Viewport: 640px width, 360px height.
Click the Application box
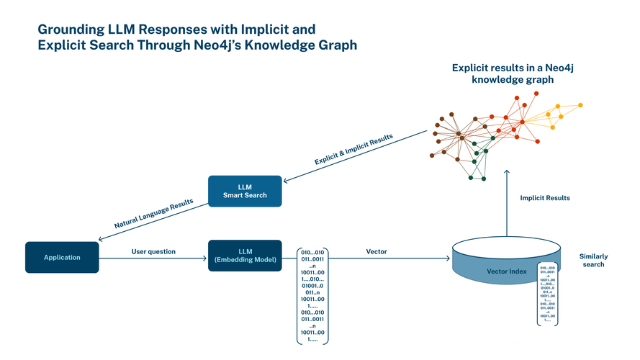tap(61, 257)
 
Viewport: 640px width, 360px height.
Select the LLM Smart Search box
tap(244, 191)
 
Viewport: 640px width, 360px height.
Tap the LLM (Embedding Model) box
tap(244, 256)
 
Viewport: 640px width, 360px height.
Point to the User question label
tap(153, 251)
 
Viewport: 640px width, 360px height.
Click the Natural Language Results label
tap(154, 214)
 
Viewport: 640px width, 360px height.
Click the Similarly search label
tap(593, 260)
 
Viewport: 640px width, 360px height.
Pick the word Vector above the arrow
tap(377, 251)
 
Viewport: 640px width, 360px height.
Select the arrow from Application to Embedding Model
tap(153, 258)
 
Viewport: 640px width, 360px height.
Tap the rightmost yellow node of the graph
tap(580, 105)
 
